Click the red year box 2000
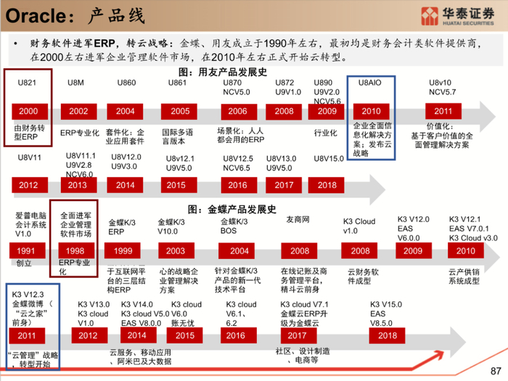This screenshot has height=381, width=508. tap(27, 111)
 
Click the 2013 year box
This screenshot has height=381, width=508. tap(77, 184)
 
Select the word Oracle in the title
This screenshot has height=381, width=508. tap(33, 14)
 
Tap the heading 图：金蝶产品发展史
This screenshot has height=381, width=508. tap(232, 209)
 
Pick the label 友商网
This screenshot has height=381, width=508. tap(298, 219)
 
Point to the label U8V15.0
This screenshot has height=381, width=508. tap(329, 158)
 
